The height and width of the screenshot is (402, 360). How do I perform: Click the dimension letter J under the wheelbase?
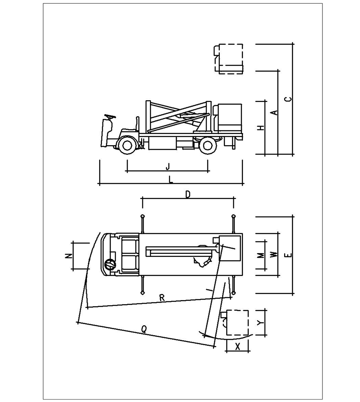coord(168,167)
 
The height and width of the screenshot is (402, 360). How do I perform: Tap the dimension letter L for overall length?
coord(171,180)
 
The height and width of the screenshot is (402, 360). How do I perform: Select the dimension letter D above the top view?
coord(188,194)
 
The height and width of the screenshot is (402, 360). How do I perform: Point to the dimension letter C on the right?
coord(289,99)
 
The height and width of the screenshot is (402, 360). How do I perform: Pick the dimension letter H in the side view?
coord(261,128)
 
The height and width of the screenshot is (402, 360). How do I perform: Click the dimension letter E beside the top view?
coord(289,255)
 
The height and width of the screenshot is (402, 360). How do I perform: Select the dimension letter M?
coord(261,255)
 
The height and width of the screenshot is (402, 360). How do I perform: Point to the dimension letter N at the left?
coord(68,256)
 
